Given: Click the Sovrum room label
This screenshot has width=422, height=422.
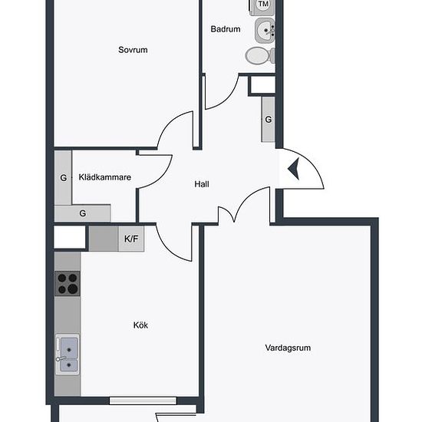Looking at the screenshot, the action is pos(133,50).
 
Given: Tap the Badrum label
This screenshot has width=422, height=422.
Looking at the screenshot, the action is pos(226,29).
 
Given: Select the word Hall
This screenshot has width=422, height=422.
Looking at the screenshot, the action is pos(202,184).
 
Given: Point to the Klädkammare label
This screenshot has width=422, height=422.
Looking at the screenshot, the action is pos(104,177).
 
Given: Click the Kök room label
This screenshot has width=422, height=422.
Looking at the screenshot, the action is pos(140,325).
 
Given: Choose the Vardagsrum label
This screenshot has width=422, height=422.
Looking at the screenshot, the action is pos(288,348).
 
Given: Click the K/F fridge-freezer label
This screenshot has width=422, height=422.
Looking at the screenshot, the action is pos(131,239).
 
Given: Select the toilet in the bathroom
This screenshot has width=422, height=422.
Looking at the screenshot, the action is pos(260,56).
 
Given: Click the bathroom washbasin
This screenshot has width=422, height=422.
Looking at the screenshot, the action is pos(265,31).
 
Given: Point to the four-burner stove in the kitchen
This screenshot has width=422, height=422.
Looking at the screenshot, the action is pos(68,283).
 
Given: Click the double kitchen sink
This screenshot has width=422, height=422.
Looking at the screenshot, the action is pos(68,354).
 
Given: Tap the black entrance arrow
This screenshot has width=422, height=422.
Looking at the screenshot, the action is pos(294,169).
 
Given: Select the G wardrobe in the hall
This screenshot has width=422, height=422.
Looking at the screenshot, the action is pos(268,119).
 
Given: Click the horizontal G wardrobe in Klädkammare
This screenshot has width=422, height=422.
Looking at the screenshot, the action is pos(83,213).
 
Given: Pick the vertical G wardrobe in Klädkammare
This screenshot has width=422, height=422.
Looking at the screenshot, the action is pos(63,178).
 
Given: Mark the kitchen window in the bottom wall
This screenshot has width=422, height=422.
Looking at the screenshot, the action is pos(143,401).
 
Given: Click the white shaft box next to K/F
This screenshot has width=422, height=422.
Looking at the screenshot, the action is pos(70,237).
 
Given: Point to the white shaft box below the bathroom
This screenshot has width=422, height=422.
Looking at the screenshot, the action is pos(262,85).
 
